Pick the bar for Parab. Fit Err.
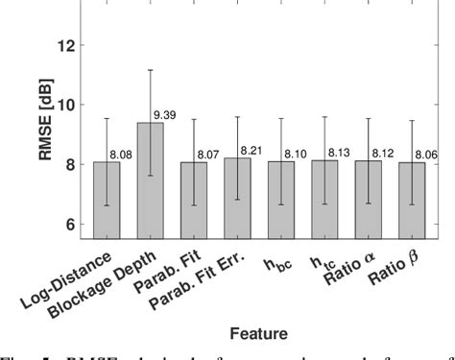(238, 198)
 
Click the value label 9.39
(165, 115)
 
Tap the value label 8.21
(252, 151)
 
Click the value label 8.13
(340, 153)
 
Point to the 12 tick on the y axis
(69, 44)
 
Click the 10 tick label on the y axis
(69, 104)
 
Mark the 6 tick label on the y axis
(73, 224)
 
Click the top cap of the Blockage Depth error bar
(150, 70)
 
